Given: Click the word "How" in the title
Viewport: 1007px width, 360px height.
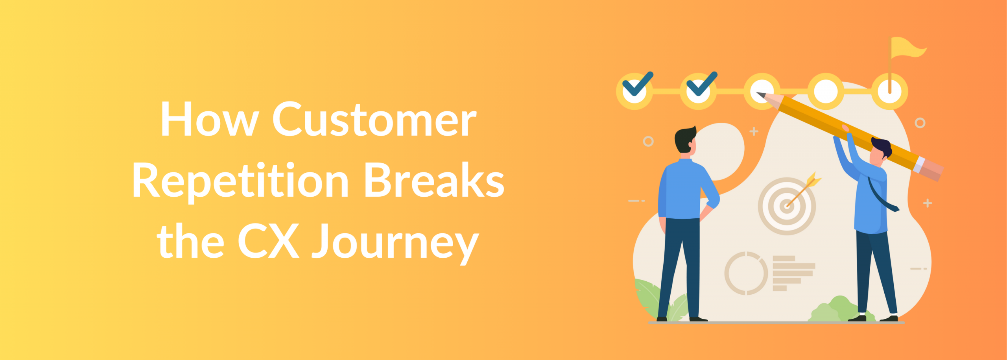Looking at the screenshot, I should (x=209, y=120).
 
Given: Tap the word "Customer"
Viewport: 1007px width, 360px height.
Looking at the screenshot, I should (x=374, y=120).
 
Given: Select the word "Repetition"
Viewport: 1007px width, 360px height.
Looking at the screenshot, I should (x=240, y=181).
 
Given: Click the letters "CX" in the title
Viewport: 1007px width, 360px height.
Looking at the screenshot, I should (x=268, y=241).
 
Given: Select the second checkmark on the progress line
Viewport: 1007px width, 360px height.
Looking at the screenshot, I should (x=701, y=85).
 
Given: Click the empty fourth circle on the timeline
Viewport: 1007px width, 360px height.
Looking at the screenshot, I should (x=826, y=91).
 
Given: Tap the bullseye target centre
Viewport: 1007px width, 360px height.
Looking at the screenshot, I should (x=787, y=206).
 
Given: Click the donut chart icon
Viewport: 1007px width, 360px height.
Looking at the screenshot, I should (x=746, y=273).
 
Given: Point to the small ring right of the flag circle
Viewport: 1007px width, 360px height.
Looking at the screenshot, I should (x=920, y=123).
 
